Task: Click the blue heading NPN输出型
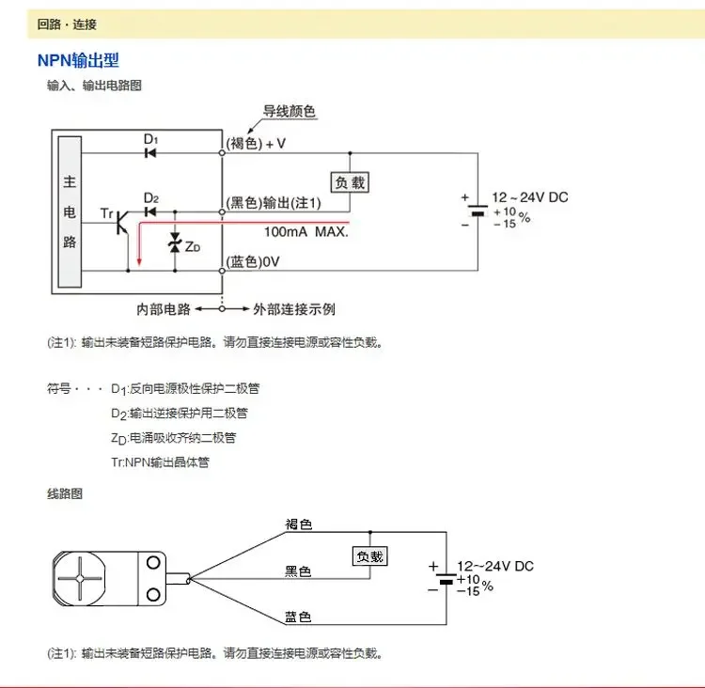pos(78,61)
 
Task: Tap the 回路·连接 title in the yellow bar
pos(67,23)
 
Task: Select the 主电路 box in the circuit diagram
pos(69,211)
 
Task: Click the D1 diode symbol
pos(150,153)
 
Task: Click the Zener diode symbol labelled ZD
pos(173,244)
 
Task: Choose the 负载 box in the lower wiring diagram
pos(369,556)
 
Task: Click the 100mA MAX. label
pos(305,231)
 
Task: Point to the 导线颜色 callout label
pos(290,112)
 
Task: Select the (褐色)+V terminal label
pos(255,144)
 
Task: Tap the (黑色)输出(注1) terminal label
pos(274,203)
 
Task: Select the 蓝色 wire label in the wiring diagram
pos(298,617)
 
